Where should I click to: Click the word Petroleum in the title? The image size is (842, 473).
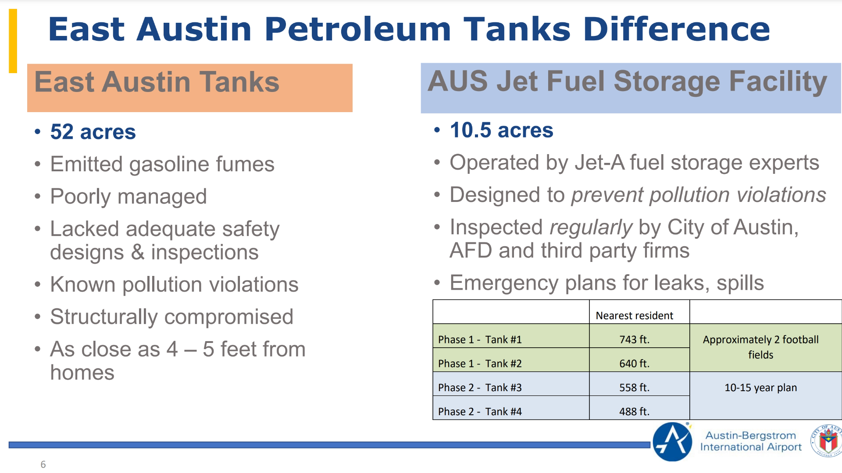[x=357, y=30]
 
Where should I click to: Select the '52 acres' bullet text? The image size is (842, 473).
[x=93, y=132]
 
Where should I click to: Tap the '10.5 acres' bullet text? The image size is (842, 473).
[x=502, y=130]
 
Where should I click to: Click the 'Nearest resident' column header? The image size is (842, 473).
[x=634, y=315]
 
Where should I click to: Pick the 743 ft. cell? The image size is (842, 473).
[x=634, y=339]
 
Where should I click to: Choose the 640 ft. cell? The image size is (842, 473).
[x=634, y=364]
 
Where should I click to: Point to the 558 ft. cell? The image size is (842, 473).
[x=634, y=388]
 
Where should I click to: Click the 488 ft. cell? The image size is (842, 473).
[x=634, y=412]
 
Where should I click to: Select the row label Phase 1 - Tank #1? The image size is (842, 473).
[x=480, y=339]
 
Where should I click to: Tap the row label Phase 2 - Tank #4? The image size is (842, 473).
[x=480, y=412]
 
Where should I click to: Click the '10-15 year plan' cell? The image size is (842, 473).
[x=760, y=388]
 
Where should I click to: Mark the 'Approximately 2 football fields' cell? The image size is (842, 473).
[x=760, y=347]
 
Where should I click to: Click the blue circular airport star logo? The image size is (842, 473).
[x=672, y=442]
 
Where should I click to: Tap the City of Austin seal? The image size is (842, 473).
[x=827, y=441]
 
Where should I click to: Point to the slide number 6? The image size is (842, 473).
[x=43, y=464]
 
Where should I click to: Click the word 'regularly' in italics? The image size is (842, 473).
[x=590, y=227]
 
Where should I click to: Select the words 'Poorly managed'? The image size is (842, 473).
[x=128, y=196]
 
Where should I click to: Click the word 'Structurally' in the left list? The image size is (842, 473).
[x=103, y=317]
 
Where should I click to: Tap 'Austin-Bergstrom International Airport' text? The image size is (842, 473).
[x=751, y=441]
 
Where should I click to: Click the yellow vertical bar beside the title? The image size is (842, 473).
[x=13, y=41]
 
